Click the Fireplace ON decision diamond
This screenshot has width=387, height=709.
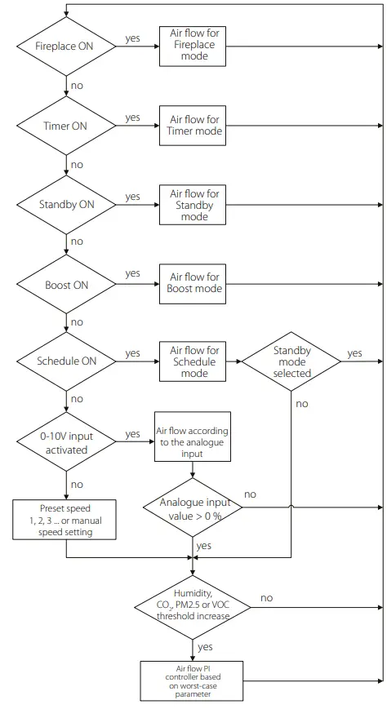coord(65,46)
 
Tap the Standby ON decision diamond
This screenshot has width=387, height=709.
coord(65,204)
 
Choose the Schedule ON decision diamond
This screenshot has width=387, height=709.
coord(65,361)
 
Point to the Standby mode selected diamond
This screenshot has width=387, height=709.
coord(291,361)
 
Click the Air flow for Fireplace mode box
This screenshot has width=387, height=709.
coord(192,46)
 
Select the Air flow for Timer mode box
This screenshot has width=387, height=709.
coord(192,125)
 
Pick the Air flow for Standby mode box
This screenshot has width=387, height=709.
coord(192,204)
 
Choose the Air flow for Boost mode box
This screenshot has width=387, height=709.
coord(192,283)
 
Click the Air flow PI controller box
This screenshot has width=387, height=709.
coord(192,680)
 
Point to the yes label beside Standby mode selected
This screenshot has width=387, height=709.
coord(354,353)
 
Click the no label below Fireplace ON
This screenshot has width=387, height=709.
coord(77,86)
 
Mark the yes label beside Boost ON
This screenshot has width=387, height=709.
coord(132,273)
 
